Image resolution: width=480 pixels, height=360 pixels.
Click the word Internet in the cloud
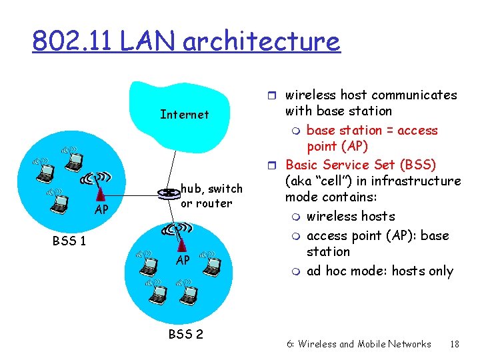[x=185, y=115]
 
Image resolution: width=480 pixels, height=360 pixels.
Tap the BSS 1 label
[x=69, y=240]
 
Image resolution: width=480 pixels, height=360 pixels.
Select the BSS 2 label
[x=185, y=334]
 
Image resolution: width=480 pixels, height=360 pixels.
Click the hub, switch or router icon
[x=167, y=193]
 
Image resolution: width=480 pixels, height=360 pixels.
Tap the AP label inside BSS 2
[x=183, y=260]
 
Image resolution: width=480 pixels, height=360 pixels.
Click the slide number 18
[x=455, y=344]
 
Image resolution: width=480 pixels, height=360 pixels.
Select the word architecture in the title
[x=261, y=41]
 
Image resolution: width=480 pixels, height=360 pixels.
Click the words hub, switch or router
[x=211, y=196]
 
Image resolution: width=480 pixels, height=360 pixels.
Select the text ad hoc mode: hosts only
[x=379, y=271]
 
